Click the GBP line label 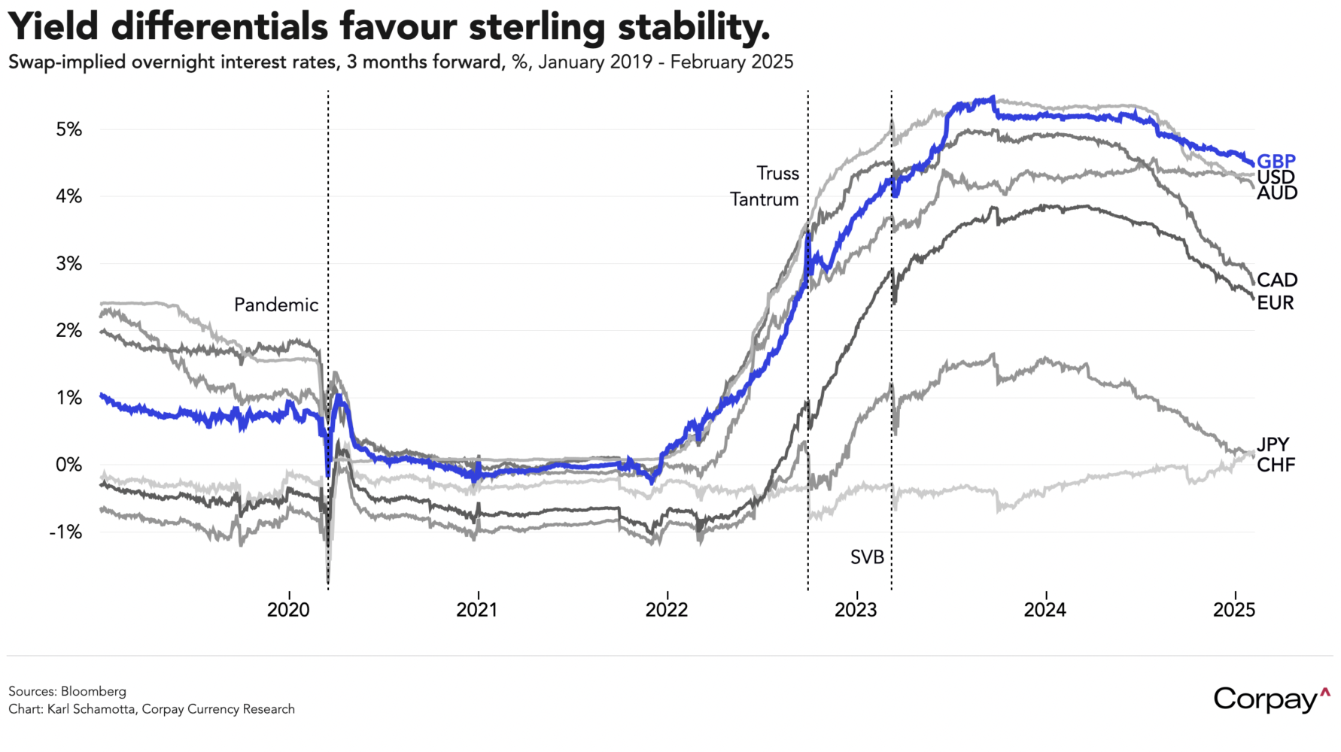pyautogui.click(x=1276, y=161)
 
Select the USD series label pyautogui.click(x=1276, y=177)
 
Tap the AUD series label pyautogui.click(x=1277, y=193)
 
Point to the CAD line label pyautogui.click(x=1277, y=280)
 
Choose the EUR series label pyautogui.click(x=1276, y=303)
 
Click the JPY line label pyautogui.click(x=1273, y=444)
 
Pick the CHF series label pyautogui.click(x=1276, y=465)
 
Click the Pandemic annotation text pyautogui.click(x=276, y=305)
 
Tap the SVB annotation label pyautogui.click(x=867, y=557)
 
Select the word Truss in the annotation pyautogui.click(x=777, y=174)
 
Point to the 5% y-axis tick pyautogui.click(x=68, y=129)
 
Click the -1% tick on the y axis pyautogui.click(x=65, y=532)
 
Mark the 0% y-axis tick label pyautogui.click(x=68, y=465)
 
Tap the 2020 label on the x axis pyautogui.click(x=288, y=610)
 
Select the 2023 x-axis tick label pyautogui.click(x=856, y=610)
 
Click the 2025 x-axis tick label pyautogui.click(x=1234, y=610)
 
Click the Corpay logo pyautogui.click(x=1271, y=699)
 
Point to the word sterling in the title pyautogui.click(x=537, y=27)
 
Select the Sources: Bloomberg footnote pyautogui.click(x=67, y=691)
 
